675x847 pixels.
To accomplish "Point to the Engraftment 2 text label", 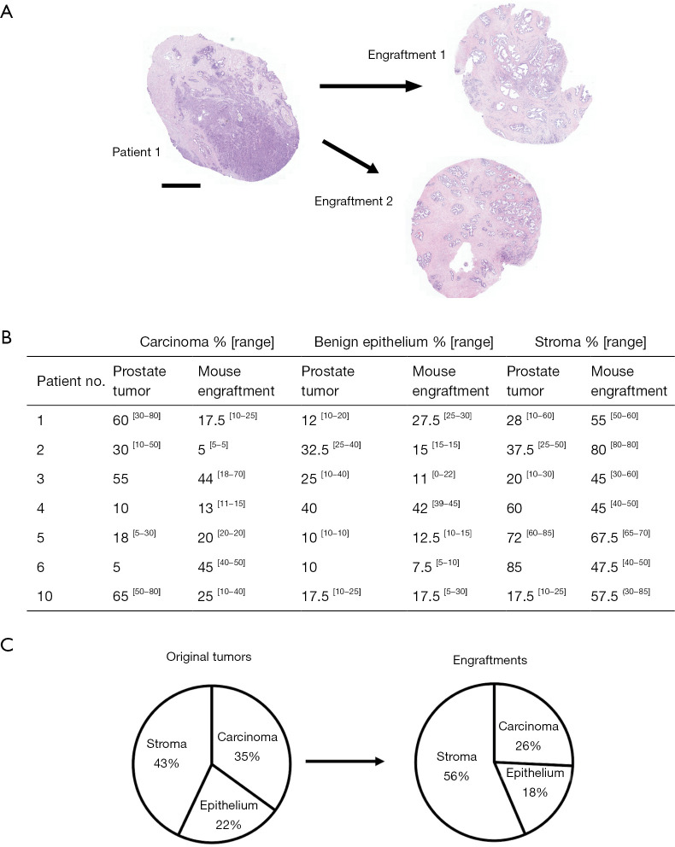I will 351,202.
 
